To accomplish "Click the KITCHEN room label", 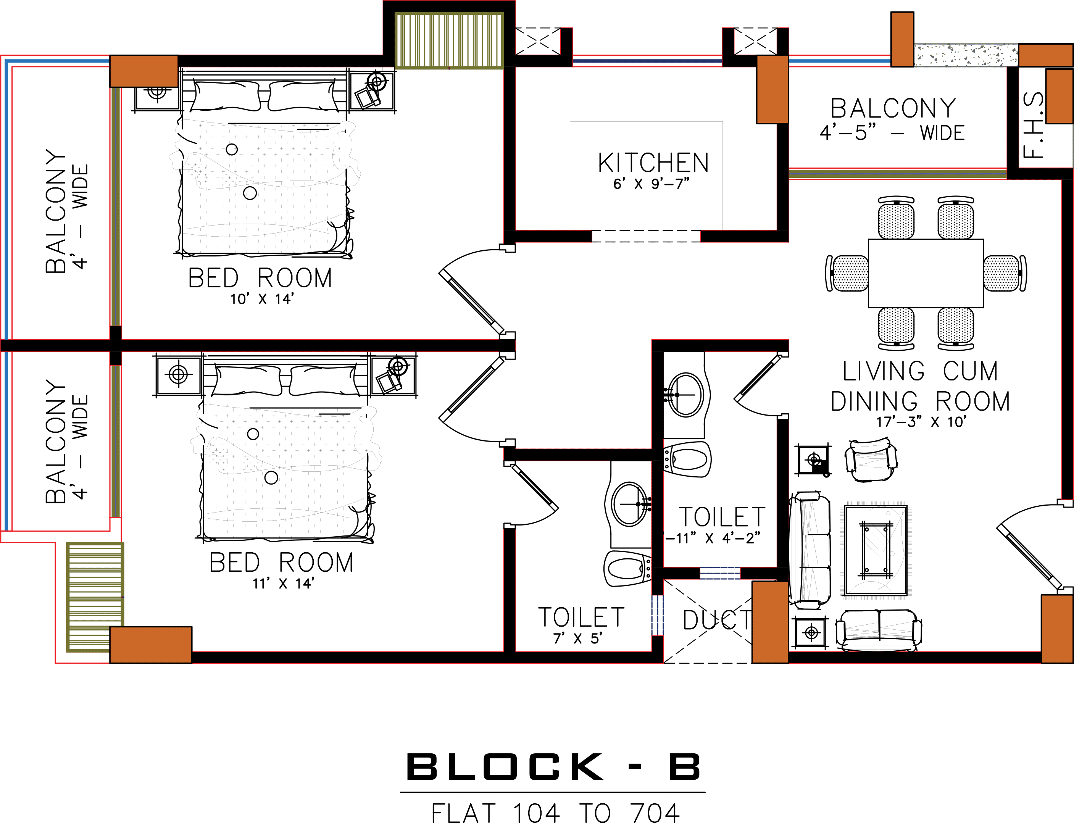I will (653, 163).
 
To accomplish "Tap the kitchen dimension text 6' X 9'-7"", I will (651, 184).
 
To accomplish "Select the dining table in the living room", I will (926, 273).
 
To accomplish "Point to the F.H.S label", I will (1033, 126).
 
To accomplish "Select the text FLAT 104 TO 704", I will (556, 814).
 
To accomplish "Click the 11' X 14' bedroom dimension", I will (283, 584).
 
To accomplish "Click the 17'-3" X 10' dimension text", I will (921, 422).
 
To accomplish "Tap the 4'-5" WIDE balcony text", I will (892, 133).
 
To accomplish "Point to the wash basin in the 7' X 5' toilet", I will (629, 504).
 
